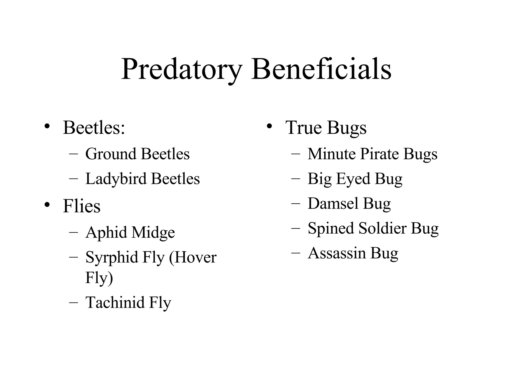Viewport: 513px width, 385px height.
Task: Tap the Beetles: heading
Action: click(94, 128)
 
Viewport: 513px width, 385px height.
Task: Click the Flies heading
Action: click(82, 206)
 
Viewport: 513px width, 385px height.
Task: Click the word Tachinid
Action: click(115, 302)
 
